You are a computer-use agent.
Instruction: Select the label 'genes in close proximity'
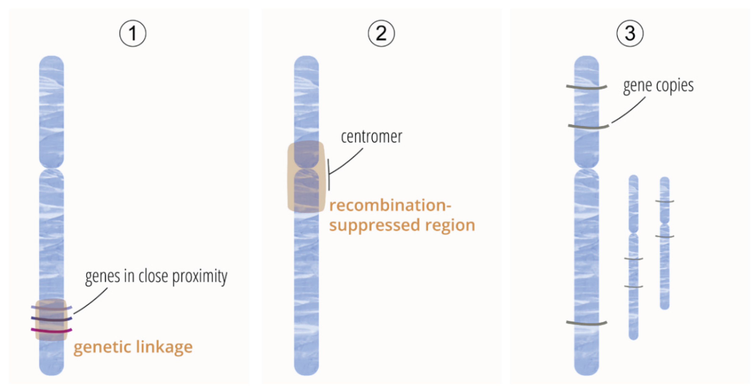[x=156, y=276]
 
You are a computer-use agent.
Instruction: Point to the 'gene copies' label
[x=658, y=86]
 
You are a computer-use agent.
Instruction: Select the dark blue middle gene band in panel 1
[x=52, y=319]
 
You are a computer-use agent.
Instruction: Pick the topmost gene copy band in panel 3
[x=586, y=87]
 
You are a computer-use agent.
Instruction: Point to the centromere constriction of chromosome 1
[x=52, y=169]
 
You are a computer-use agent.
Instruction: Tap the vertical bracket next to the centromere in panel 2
[x=329, y=175]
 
